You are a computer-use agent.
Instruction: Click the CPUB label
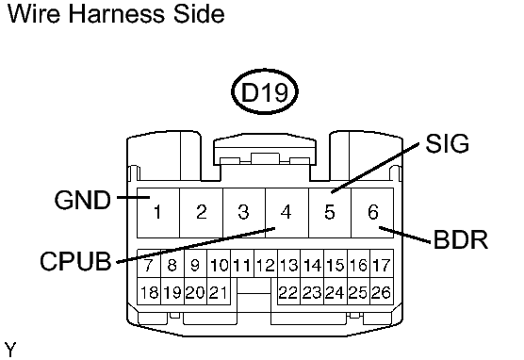[75, 261]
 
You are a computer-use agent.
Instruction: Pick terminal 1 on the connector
[158, 212]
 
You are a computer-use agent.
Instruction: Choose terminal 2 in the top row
[202, 212]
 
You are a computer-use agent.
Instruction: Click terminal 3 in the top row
[244, 212]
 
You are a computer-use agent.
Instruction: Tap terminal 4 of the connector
[287, 212]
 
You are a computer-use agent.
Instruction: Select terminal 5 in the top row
[330, 212]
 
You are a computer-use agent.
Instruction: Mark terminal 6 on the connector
[373, 212]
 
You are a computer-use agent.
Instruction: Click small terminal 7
[148, 266]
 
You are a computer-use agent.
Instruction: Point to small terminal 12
[266, 266]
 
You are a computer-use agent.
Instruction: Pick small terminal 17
[382, 266]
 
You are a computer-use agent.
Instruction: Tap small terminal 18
[149, 293]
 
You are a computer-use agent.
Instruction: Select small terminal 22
[288, 293]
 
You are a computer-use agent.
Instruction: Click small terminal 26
[382, 293]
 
